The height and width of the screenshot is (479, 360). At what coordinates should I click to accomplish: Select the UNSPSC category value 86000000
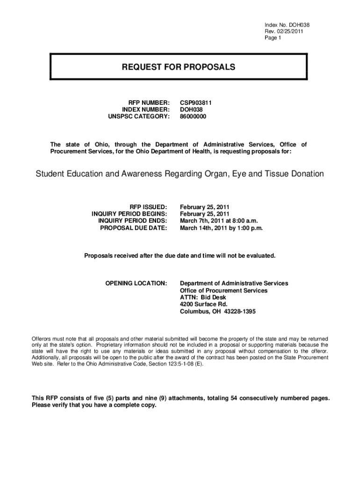click(193, 116)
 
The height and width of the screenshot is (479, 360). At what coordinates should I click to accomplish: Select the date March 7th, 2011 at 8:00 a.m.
click(219, 221)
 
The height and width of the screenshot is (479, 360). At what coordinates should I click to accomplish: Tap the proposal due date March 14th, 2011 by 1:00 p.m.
click(222, 228)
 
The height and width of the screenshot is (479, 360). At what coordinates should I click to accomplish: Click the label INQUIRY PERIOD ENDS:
click(132, 221)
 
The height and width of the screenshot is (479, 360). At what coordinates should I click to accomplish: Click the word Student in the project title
click(51, 174)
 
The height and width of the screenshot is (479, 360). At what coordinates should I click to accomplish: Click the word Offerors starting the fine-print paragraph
click(43, 338)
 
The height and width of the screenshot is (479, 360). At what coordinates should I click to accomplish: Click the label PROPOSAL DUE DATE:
click(134, 228)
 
